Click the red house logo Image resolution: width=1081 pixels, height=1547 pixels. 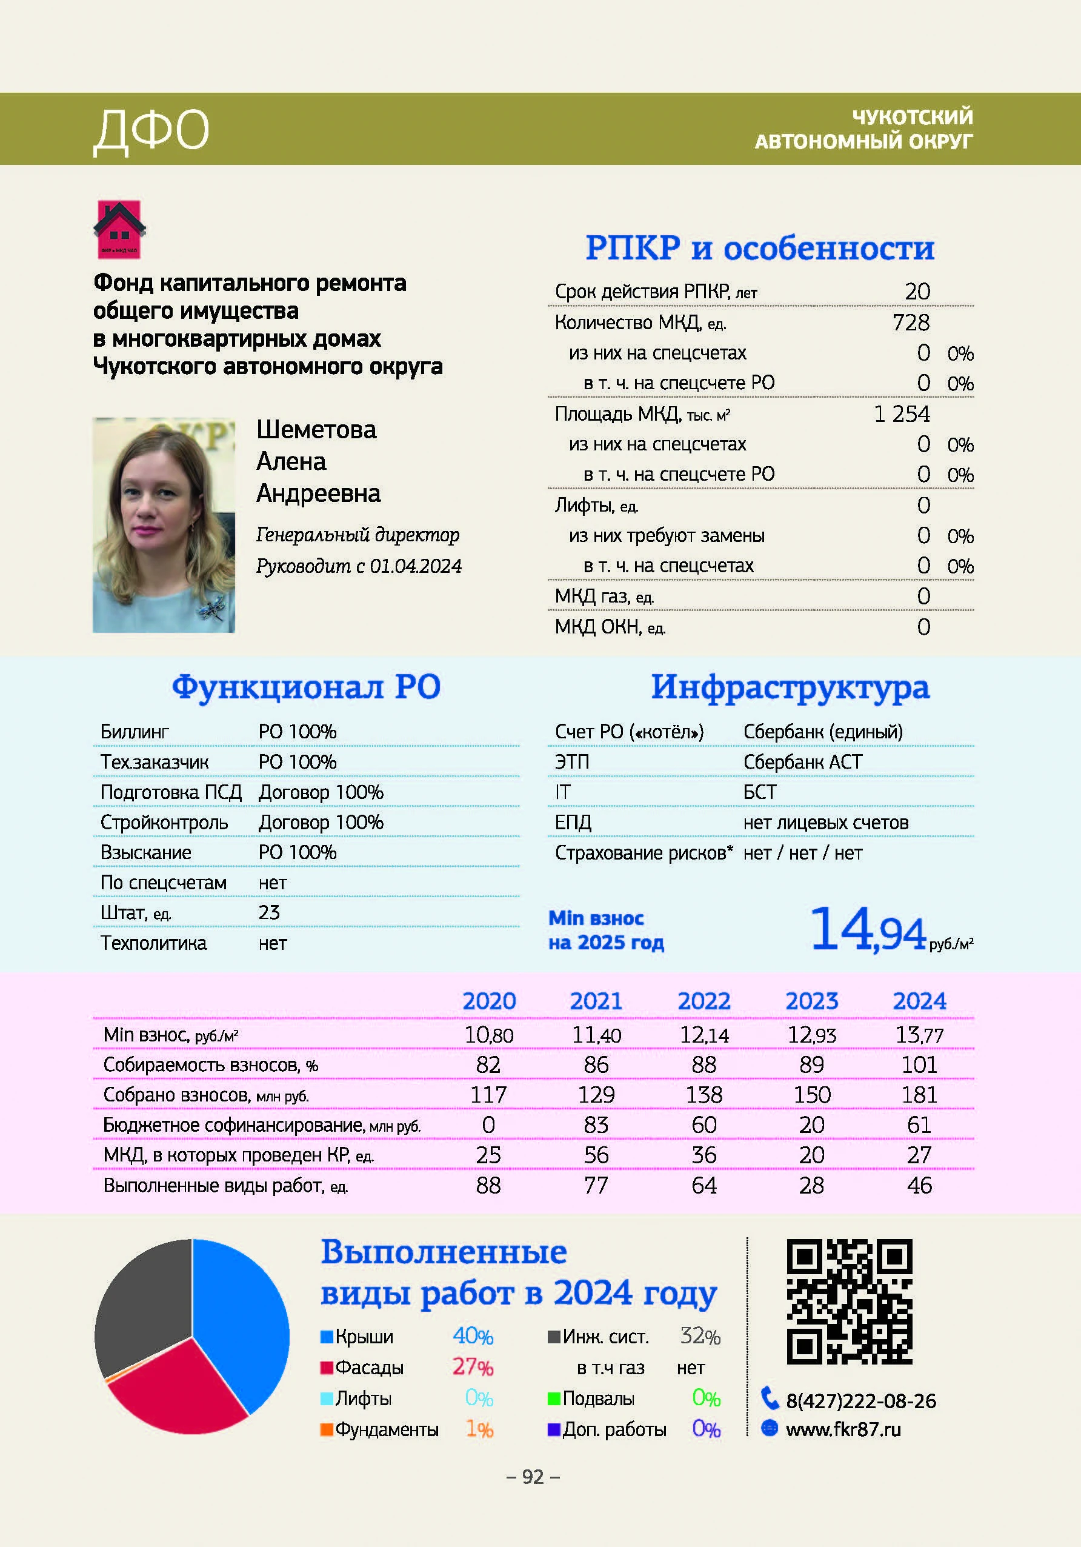point(119,230)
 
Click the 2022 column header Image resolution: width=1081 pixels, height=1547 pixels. point(704,1001)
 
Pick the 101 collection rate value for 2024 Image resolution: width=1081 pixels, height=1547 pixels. point(919,1065)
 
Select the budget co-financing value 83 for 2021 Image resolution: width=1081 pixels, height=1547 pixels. point(596,1125)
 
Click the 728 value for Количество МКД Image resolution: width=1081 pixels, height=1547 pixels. point(911,322)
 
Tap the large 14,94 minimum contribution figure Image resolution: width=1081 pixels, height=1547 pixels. point(868,931)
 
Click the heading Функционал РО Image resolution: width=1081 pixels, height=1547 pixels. point(306,687)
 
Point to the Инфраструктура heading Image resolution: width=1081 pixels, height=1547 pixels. point(790,687)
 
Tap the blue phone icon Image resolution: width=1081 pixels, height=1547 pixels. point(769,1398)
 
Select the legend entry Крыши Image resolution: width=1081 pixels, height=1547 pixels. point(364,1337)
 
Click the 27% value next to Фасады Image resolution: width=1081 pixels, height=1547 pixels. point(472,1367)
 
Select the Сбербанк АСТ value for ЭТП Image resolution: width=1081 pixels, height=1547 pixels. point(802,762)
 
